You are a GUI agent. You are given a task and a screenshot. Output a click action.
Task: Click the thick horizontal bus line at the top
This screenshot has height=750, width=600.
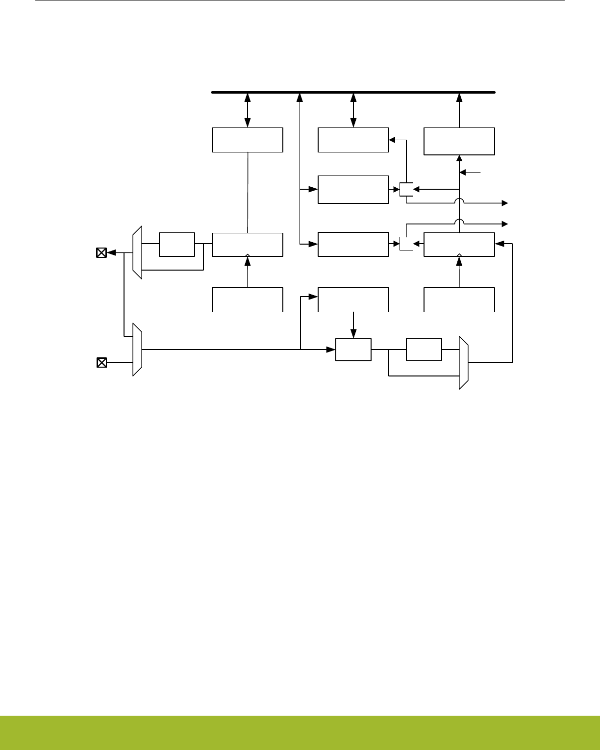point(353,92)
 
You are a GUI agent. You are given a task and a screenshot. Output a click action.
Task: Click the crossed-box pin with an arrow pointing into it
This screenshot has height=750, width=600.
point(101,253)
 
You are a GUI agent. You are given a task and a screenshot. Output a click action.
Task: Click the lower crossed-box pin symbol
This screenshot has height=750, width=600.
point(101,363)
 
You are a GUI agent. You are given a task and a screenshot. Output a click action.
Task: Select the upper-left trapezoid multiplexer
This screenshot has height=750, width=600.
point(137,252)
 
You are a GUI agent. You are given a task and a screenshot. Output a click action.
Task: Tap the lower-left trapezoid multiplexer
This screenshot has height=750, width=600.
point(137,350)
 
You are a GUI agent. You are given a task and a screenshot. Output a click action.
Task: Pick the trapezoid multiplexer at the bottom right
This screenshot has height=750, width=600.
point(464,363)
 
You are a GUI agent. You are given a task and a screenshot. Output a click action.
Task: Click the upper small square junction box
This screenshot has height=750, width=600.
point(406,189)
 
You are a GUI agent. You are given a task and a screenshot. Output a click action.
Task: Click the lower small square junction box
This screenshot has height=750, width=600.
point(406,244)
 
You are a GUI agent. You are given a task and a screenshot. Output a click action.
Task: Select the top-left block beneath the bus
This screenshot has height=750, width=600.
point(248,140)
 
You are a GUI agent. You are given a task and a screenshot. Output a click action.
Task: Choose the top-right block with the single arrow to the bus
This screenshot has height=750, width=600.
point(459,141)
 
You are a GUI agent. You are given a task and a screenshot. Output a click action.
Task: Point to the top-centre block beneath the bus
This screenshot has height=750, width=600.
point(353,140)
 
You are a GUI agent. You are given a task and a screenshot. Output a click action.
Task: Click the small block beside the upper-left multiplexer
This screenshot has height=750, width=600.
point(177,245)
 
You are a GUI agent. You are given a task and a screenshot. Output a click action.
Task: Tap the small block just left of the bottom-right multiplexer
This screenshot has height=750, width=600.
point(424,350)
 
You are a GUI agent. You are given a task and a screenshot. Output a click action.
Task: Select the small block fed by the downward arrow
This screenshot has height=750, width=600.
point(353,350)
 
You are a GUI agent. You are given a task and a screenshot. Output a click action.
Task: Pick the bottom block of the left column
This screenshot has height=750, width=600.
point(248,300)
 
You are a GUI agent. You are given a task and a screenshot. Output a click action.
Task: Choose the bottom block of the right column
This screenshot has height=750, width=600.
point(459,300)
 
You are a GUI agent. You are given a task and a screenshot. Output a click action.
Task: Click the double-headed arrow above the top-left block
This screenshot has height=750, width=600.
point(248,110)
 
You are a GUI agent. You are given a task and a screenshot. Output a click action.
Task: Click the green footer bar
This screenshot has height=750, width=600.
point(300,732)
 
